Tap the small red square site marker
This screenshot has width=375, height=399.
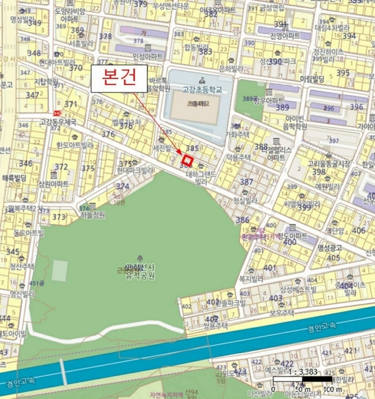pos(188,160)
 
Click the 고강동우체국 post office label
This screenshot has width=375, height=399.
pos(58,122)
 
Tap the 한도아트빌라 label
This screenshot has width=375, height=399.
pos(74,145)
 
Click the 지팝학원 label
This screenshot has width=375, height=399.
pos(47,82)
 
